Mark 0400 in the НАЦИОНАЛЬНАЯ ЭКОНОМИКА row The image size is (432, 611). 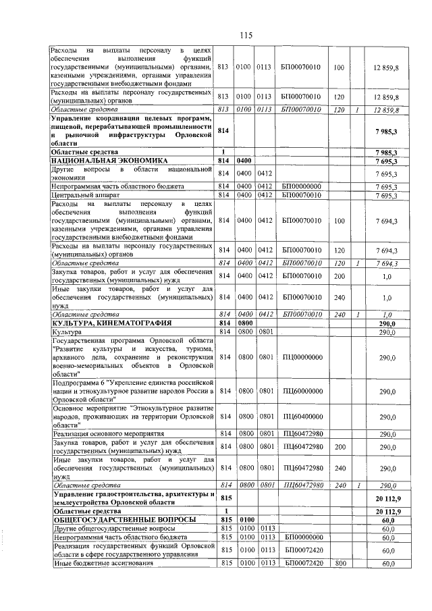coord(244,161)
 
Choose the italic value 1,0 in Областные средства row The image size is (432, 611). coord(387,314)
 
